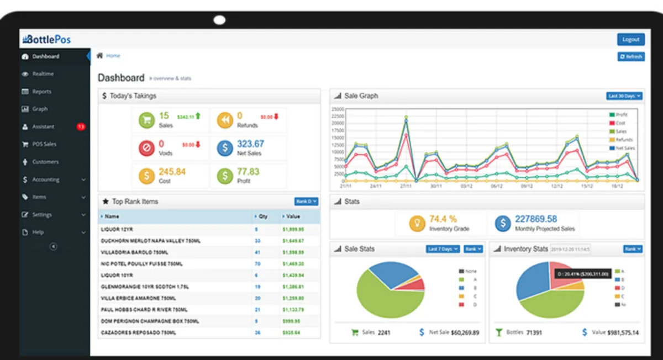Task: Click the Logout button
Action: [630, 40]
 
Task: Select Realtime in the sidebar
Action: [43, 74]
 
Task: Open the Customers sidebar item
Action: [45, 162]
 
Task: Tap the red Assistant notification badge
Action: [81, 127]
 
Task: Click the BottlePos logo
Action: [46, 40]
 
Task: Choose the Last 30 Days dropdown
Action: [624, 96]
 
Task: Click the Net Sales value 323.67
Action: [250, 144]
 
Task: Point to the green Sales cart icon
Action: [146, 120]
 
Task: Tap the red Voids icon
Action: [146, 147]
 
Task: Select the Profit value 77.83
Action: [248, 172]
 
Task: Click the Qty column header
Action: [263, 216]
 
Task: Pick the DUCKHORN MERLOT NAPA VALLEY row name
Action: [150, 241]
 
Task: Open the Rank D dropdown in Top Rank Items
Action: [307, 202]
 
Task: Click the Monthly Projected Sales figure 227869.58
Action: [536, 219]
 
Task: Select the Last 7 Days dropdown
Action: [443, 249]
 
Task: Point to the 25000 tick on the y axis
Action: [338, 109]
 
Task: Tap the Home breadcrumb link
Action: [113, 56]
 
